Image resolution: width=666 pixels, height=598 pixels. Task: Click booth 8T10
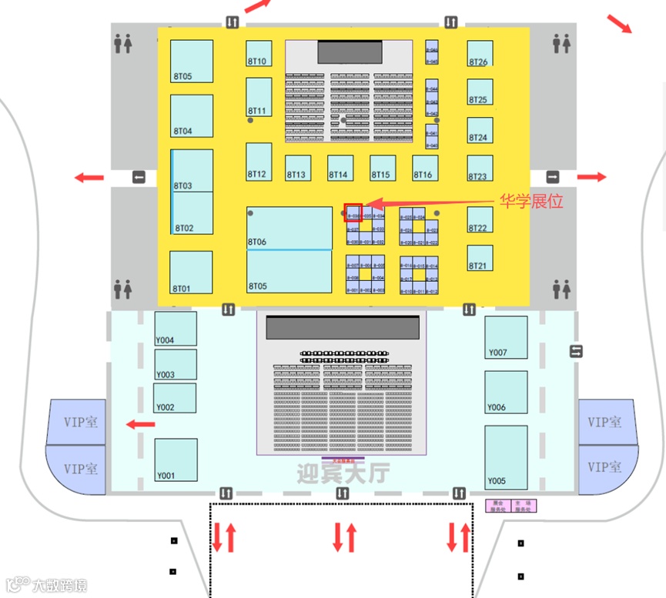click(259, 53)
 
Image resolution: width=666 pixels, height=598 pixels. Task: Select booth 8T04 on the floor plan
click(192, 116)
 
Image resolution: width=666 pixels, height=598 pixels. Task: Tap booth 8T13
click(298, 168)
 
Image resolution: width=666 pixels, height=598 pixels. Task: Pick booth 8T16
click(425, 168)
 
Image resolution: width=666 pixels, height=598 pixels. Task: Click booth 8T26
click(480, 53)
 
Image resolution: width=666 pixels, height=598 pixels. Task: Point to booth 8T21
click(480, 258)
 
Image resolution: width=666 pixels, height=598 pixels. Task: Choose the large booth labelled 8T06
click(289, 228)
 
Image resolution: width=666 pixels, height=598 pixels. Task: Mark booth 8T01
click(191, 272)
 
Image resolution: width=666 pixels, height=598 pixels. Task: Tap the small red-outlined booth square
click(353, 213)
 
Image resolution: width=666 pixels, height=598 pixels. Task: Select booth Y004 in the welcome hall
click(176, 329)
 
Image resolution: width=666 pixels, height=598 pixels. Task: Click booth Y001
click(176, 459)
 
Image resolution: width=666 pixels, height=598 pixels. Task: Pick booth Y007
click(506, 338)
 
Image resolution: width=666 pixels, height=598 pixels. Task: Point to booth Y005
click(506, 457)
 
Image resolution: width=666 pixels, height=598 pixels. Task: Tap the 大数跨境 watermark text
click(59, 586)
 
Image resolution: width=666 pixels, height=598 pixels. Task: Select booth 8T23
click(480, 169)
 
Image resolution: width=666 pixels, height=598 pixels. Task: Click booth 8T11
click(259, 98)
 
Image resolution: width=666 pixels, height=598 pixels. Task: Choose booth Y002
click(175, 398)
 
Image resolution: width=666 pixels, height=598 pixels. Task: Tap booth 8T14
click(340, 168)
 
